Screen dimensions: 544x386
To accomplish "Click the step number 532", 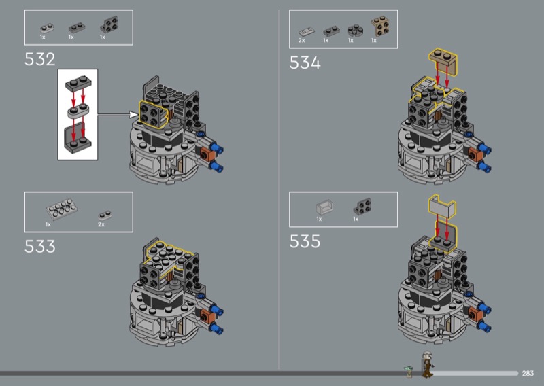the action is click(40, 59).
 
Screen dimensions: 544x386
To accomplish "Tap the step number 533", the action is click(40, 247).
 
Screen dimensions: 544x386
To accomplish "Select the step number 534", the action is click(305, 63).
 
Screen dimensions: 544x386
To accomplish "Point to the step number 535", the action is click(305, 241).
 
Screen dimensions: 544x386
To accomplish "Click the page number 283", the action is click(528, 373).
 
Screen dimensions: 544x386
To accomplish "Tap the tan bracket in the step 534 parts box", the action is click(381, 26).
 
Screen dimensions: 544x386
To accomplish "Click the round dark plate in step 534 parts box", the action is click(356, 30).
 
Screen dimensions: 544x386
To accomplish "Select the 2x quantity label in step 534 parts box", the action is click(301, 41).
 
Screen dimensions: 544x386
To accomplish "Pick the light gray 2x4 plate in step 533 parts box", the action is click(62, 209).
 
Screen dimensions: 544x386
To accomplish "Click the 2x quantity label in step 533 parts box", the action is click(101, 224).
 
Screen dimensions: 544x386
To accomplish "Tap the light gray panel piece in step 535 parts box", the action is click(325, 207).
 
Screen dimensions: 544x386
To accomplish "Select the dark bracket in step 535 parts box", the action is click(362, 207).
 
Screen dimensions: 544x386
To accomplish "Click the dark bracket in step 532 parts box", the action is click(109, 24).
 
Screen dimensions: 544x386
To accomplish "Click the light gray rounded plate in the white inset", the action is click(78, 111).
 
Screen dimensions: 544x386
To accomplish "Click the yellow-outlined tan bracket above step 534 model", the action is click(443, 59).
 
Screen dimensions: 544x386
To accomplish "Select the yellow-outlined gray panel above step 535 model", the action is click(443, 207).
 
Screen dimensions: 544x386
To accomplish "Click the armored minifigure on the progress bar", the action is click(427, 364).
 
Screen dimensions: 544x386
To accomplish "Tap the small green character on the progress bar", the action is click(409, 371).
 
